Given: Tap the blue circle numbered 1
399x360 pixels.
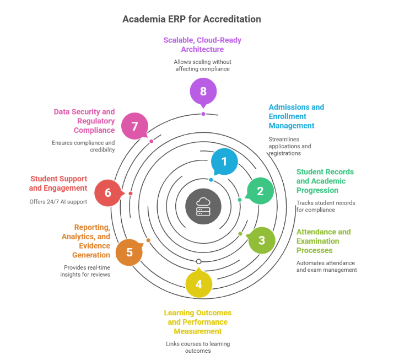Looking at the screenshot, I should [224, 162].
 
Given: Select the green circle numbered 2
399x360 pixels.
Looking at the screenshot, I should [260, 191].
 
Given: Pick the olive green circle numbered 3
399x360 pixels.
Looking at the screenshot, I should [262, 240].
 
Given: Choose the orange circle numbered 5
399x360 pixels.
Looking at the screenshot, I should [130, 252].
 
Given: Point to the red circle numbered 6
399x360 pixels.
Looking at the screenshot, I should [108, 192].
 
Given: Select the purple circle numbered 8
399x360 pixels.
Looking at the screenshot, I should [203, 92].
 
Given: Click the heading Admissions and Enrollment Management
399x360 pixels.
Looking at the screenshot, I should [296, 116].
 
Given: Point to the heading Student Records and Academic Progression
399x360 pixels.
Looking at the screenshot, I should [325, 181].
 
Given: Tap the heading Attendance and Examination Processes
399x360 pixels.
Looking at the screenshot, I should [323, 241].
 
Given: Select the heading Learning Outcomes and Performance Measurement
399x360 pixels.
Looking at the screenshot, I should [197, 322].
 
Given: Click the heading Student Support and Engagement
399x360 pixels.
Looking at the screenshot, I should [59, 184].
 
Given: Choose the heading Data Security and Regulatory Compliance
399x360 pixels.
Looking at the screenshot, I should [84, 121].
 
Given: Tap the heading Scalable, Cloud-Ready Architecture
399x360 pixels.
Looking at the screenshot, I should [202, 45].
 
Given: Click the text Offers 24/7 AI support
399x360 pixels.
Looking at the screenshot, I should [58, 202].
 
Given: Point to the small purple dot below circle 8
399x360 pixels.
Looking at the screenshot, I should [203, 114].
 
